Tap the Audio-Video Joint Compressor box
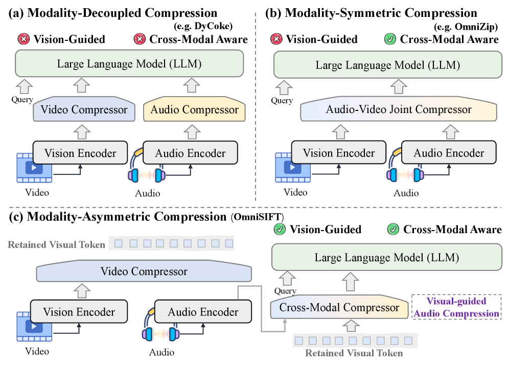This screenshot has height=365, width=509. (x=399, y=109)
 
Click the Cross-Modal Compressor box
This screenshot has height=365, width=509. (x=339, y=307)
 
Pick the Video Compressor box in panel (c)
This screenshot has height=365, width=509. (x=145, y=271)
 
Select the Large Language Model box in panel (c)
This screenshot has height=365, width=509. (x=386, y=257)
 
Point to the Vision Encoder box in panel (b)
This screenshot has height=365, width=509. (x=339, y=153)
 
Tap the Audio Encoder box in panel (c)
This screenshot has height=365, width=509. (x=203, y=311)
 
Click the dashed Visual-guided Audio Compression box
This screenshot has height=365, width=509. (x=456, y=307)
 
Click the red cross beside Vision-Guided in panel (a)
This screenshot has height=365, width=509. (x=24, y=39)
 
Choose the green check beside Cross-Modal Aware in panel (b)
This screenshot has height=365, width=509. (x=391, y=39)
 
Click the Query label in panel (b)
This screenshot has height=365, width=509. (x=282, y=101)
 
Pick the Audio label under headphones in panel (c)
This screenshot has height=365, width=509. (x=161, y=352)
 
